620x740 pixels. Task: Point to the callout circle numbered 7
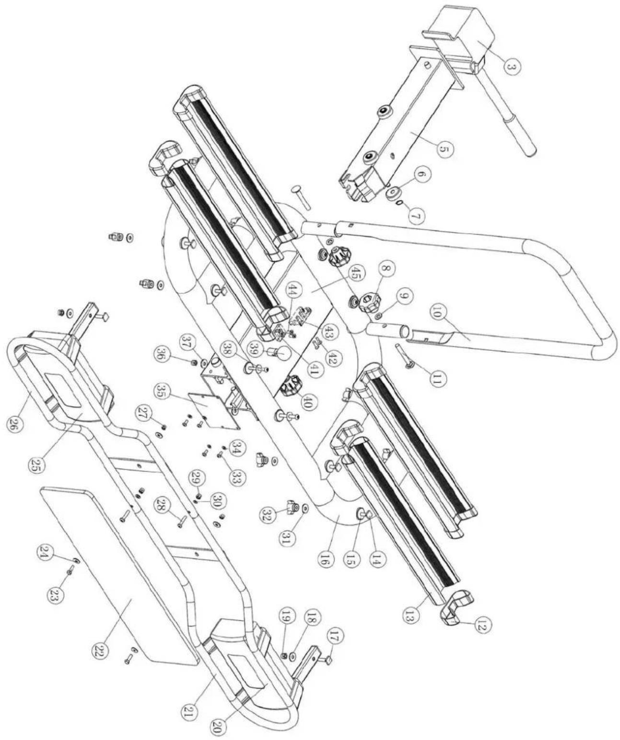point(416,216)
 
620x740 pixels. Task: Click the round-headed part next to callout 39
point(281,354)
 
